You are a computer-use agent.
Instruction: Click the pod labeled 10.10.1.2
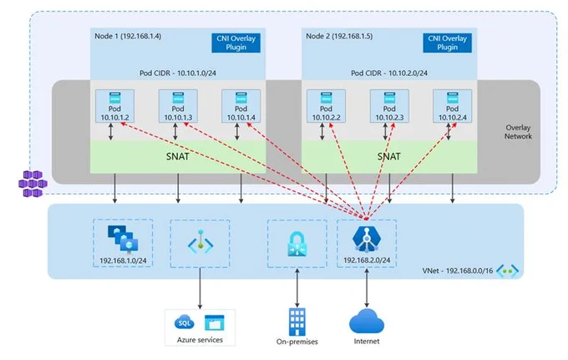coord(114,106)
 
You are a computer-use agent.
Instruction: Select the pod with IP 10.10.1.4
coord(241,106)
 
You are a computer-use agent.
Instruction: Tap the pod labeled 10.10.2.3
coord(389,106)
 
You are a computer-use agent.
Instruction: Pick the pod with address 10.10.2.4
coord(453,106)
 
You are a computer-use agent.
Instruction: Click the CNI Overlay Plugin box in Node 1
coord(236,43)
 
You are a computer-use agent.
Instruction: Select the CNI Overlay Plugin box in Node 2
coord(448,43)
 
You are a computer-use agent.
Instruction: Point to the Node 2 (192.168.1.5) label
coord(339,36)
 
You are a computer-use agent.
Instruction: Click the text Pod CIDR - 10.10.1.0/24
coord(178,73)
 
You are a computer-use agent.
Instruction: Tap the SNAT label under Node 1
coord(177,156)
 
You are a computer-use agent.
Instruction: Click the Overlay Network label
coord(518,132)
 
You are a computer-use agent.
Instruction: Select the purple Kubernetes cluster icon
coord(33,184)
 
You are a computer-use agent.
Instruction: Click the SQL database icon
coord(184,322)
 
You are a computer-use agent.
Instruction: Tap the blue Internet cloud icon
coord(367,321)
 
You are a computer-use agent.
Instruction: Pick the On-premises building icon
coord(297,322)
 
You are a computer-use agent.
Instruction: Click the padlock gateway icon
coord(297,244)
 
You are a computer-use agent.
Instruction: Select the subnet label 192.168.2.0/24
coord(367,260)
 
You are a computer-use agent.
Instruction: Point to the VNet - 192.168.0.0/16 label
coord(458,271)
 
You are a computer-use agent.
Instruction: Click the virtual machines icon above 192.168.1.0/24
coord(123,239)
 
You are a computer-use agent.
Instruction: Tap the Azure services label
coord(200,340)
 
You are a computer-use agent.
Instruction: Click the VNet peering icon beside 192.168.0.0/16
coord(508,271)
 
